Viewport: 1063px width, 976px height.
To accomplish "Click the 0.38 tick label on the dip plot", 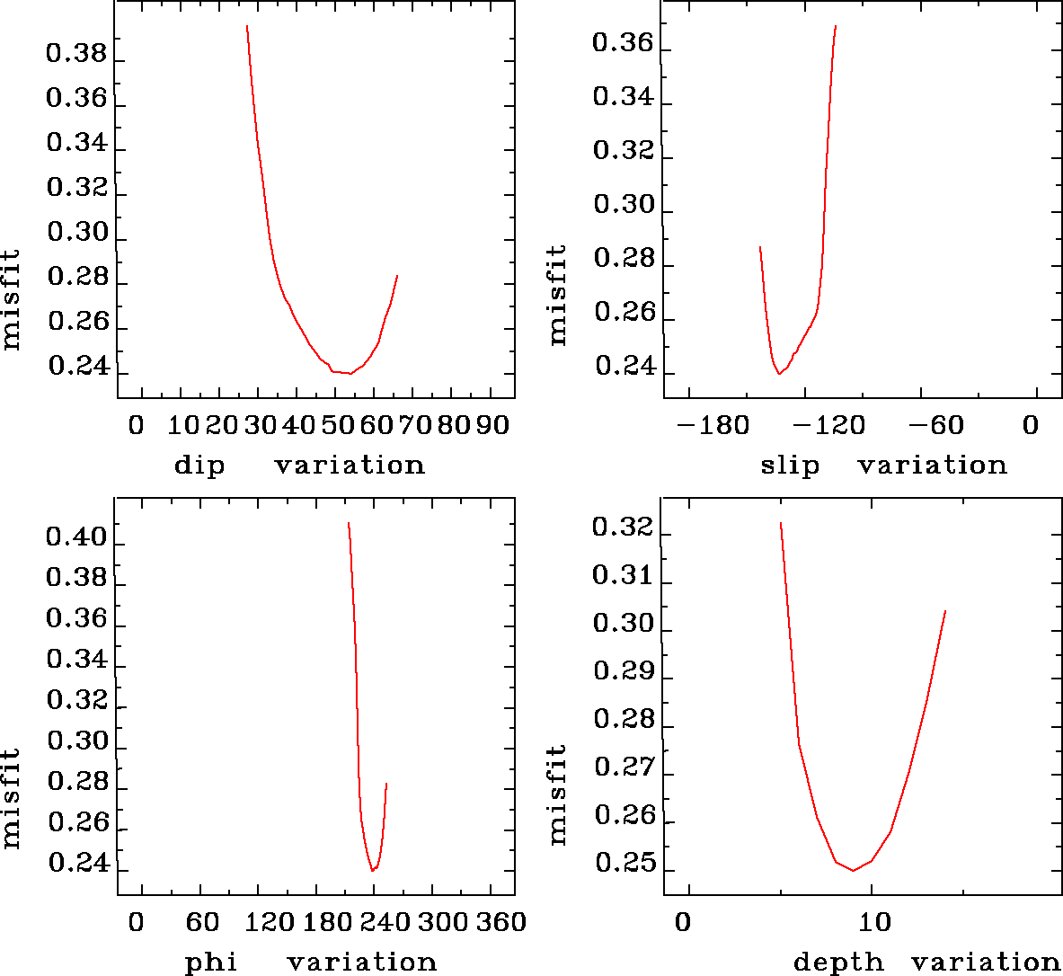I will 76,55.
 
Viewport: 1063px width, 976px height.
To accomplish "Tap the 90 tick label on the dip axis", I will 493,425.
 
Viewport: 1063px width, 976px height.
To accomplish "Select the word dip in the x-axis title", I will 199,466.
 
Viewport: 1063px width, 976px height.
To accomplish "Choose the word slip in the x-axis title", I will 791,466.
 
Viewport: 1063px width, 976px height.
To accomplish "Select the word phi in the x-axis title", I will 211,963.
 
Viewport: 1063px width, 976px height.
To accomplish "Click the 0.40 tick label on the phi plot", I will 76,538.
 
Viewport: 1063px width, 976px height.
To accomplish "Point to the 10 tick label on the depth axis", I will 874,922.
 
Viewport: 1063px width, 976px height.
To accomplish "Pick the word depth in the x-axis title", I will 838,963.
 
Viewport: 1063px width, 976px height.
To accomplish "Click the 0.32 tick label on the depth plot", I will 623,527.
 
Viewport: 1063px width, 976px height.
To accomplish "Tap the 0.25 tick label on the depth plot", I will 623,864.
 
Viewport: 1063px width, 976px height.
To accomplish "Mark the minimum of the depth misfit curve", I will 854,870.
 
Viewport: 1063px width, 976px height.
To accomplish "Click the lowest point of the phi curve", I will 372,870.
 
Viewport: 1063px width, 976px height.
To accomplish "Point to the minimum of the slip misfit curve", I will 779,373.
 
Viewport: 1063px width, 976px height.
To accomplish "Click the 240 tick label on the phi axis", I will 384,922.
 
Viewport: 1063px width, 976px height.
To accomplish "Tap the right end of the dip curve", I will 397,276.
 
